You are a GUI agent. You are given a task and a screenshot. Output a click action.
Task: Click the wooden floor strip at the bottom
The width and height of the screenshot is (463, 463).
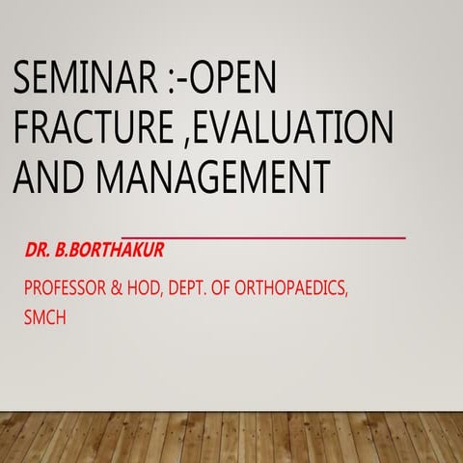click(x=231, y=435)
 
